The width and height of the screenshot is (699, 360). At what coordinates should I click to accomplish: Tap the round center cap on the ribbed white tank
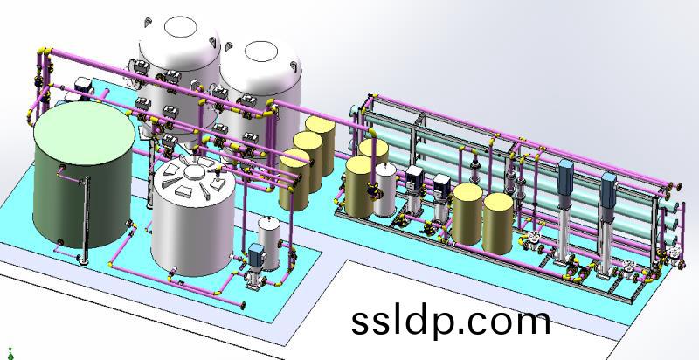coord(194,171)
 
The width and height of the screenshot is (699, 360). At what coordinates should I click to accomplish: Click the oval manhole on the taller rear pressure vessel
coord(180,26)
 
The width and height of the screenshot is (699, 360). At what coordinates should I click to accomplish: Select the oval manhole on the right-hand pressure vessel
coord(261,52)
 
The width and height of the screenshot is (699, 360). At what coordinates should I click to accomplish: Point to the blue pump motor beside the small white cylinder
coord(256,254)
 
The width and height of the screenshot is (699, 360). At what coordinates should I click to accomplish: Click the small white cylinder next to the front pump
coord(269,243)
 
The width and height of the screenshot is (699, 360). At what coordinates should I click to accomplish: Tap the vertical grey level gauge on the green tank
coord(84,220)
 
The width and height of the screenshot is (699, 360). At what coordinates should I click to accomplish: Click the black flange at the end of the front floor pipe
coord(243,306)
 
